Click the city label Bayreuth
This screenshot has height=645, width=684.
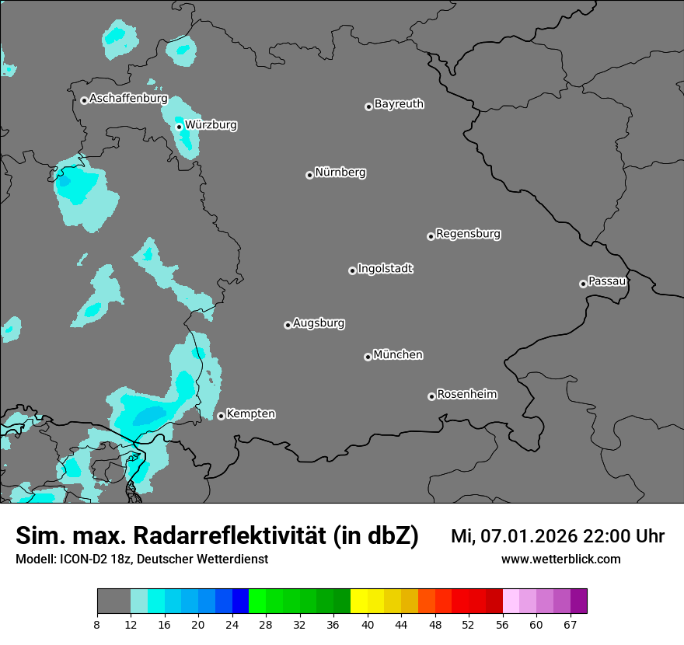[x=399, y=104]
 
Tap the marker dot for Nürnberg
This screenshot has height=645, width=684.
[x=309, y=175]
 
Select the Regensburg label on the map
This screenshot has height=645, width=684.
[x=468, y=233]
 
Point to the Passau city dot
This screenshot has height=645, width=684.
[x=583, y=284]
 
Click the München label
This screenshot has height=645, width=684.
[x=398, y=355]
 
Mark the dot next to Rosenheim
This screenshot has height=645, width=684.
[x=431, y=396]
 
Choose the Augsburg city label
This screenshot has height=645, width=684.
[x=319, y=323]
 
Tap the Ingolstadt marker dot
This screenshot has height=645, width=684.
[x=352, y=270]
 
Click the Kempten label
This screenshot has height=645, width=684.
[x=250, y=413]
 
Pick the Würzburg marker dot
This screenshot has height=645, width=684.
[x=179, y=127]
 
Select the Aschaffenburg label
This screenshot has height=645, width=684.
[x=128, y=99]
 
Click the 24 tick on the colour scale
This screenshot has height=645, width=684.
[x=232, y=625]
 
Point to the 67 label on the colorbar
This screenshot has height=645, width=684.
[x=570, y=625]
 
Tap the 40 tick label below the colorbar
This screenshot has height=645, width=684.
[x=368, y=625]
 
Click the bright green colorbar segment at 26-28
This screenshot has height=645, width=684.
[x=257, y=601]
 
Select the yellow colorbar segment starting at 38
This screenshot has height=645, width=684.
[x=359, y=601]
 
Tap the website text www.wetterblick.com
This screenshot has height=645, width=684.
[x=560, y=559]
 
